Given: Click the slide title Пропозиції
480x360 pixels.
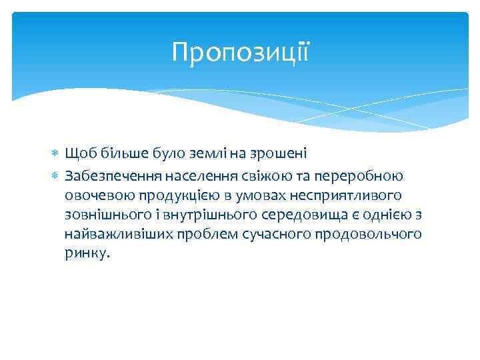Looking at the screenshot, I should pyautogui.click(x=240, y=51).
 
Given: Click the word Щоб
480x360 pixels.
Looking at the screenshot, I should pyautogui.click(x=78, y=155).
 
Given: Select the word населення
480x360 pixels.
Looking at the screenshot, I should pyautogui.click(x=193, y=175).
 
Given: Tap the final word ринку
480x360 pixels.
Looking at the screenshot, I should pyautogui.click(x=85, y=254).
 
